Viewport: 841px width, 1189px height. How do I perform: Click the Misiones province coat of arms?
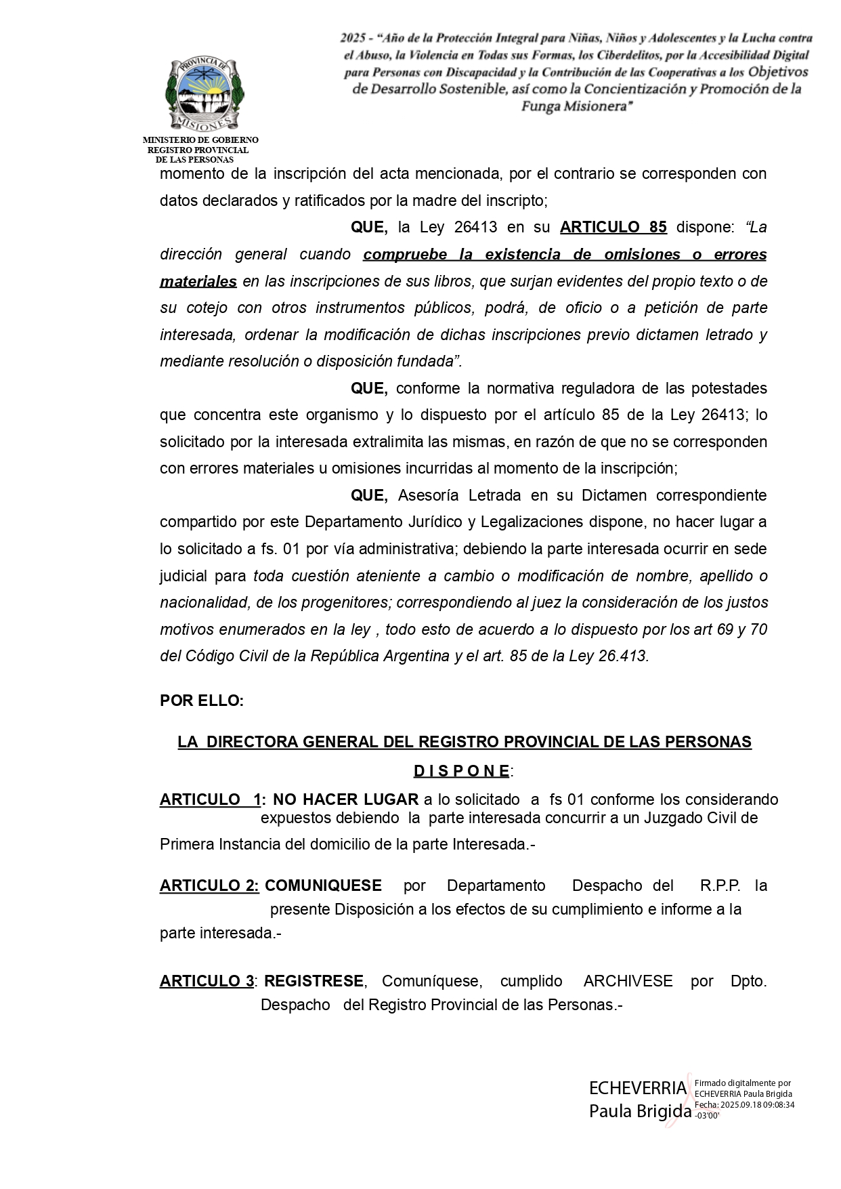(204, 95)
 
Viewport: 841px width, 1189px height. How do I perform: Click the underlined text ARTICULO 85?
(613, 228)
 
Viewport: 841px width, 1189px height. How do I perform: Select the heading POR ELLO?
(202, 701)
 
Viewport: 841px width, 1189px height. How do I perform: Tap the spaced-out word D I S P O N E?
(462, 771)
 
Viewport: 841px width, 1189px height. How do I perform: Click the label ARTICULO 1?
(210, 800)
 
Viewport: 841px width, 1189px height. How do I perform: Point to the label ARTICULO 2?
(209, 886)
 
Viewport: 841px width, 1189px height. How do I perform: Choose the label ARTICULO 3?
(207, 981)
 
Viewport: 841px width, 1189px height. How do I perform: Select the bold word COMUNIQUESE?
(323, 886)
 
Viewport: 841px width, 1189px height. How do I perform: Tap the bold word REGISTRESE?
(314, 981)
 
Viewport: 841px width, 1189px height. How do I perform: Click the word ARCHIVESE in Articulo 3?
(628, 981)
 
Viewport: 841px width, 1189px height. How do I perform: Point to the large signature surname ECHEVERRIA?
(638, 1089)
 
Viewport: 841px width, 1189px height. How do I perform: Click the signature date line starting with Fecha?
(744, 1104)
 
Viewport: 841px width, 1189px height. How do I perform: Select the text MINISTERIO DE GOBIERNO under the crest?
(200, 140)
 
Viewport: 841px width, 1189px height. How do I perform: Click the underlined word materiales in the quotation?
(198, 281)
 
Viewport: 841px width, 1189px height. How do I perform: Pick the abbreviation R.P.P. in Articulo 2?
(720, 886)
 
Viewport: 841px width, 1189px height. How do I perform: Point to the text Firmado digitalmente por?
(743, 1083)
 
